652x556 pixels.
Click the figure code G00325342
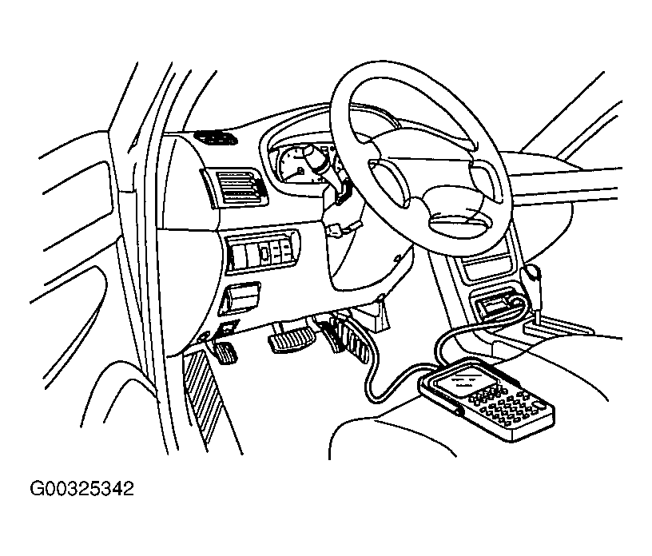point(82,489)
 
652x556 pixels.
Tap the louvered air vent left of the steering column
point(236,188)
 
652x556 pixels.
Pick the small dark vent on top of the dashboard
point(216,138)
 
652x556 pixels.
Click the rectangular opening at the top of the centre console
point(487,267)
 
